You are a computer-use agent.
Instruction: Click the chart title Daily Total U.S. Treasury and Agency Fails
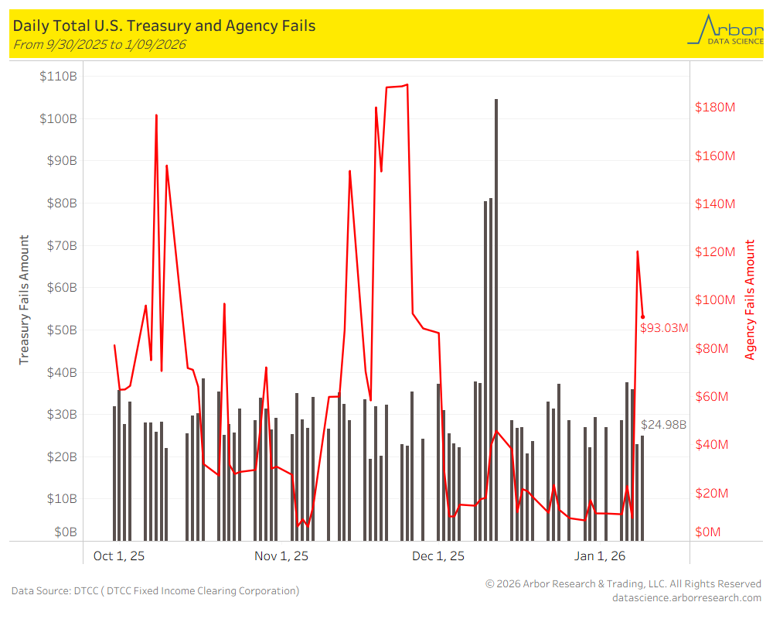click(x=164, y=26)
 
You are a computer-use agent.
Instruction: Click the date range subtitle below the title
click(x=99, y=45)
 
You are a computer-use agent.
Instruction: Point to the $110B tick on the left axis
click(x=59, y=77)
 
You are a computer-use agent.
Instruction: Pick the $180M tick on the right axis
click(x=715, y=107)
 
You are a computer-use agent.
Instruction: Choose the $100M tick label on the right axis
click(x=715, y=300)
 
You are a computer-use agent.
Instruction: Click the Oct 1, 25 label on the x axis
click(x=119, y=556)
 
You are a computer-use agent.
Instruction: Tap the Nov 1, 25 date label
click(x=281, y=556)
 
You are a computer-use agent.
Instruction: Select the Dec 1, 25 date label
click(x=438, y=556)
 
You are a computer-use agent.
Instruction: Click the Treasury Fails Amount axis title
click(x=24, y=299)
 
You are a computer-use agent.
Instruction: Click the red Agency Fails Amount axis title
click(x=750, y=299)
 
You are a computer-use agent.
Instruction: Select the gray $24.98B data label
click(x=664, y=425)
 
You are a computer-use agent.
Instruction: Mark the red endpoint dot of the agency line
click(x=642, y=316)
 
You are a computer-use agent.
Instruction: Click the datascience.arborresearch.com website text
click(x=686, y=597)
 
